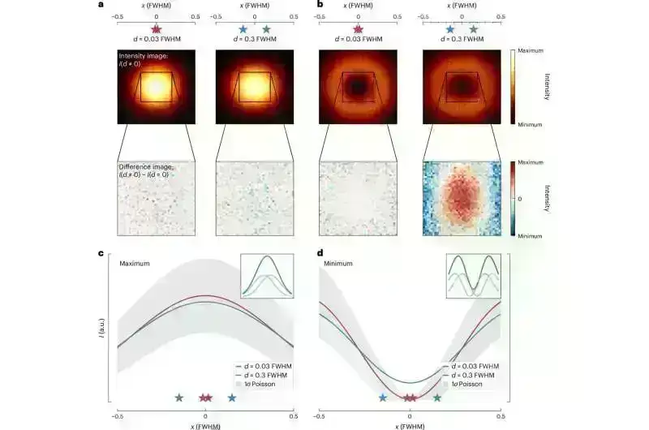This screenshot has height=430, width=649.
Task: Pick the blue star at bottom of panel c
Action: [233, 398]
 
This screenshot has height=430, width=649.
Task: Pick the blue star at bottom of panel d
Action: [383, 398]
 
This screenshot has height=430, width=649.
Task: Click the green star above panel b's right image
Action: [474, 28]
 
